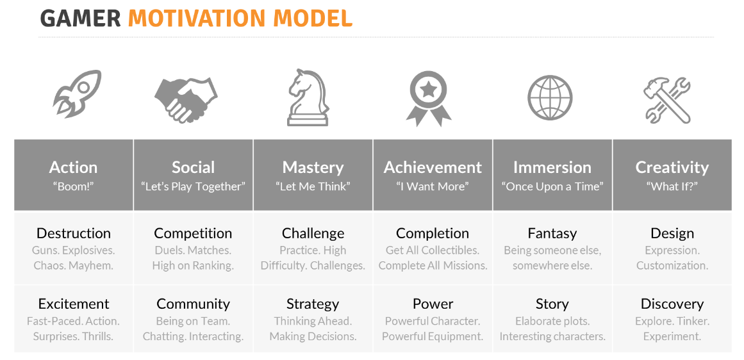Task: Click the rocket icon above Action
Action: click(x=77, y=94)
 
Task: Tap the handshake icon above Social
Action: click(x=186, y=99)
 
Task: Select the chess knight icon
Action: click(x=308, y=97)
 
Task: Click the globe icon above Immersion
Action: click(x=550, y=98)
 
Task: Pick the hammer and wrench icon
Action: click(x=666, y=99)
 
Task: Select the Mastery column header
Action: click(x=313, y=167)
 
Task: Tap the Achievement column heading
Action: click(x=433, y=167)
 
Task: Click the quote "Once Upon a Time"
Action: click(x=552, y=186)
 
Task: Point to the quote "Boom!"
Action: click(x=74, y=186)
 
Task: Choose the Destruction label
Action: click(x=74, y=233)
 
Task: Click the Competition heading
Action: click(x=193, y=233)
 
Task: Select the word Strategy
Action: click(x=313, y=304)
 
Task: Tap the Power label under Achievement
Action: click(x=433, y=304)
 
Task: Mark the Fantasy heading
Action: click(x=552, y=234)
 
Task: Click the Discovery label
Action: click(x=672, y=304)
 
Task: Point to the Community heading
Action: click(x=193, y=304)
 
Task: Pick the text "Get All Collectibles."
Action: click(x=433, y=250)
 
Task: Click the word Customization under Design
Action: click(x=672, y=266)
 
